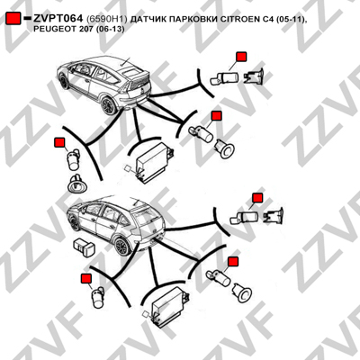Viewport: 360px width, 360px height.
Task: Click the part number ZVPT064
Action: tap(58, 19)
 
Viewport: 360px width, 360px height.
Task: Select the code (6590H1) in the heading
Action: tap(107, 19)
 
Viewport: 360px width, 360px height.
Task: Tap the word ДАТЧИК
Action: tap(148, 19)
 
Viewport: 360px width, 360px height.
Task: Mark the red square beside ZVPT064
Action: tap(13, 19)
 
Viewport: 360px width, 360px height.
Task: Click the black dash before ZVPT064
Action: tap(27, 19)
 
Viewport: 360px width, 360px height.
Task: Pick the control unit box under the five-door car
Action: tap(170, 307)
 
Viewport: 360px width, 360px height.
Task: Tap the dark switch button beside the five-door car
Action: tap(85, 248)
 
